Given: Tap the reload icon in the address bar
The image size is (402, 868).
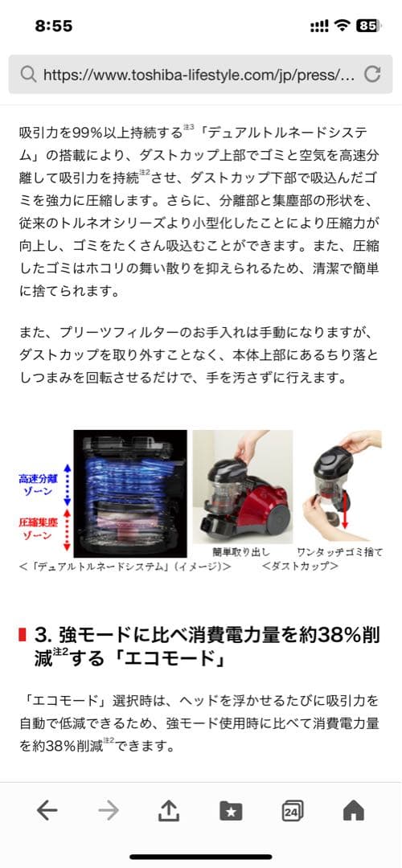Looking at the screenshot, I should click(x=372, y=75).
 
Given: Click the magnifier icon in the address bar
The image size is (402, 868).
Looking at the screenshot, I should click(x=28, y=75).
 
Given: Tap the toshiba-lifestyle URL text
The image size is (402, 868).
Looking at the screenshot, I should click(x=198, y=75).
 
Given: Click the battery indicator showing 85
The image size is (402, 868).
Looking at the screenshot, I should click(x=367, y=26).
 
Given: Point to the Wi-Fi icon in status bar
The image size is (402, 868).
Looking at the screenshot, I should click(x=343, y=26).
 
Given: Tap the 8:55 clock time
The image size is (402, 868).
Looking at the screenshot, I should click(x=54, y=26).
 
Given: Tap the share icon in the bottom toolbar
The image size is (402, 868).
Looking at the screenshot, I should click(x=168, y=811).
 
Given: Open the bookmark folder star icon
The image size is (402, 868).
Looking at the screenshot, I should click(x=231, y=811).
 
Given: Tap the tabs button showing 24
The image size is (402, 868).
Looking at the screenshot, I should click(x=293, y=811).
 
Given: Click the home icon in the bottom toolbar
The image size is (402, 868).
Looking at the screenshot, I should click(x=354, y=811).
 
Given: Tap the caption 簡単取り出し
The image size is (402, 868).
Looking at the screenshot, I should click(x=241, y=553).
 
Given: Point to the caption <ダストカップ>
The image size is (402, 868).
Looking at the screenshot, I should click(x=300, y=567).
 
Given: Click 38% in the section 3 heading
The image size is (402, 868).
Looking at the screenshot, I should click(x=322, y=634).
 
